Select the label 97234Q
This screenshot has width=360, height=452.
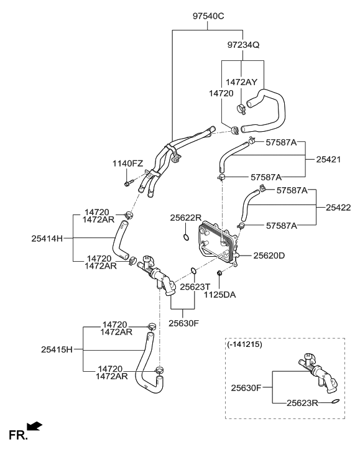point(244,45)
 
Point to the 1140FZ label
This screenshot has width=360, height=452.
point(127,164)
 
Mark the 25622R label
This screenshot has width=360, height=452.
point(187,218)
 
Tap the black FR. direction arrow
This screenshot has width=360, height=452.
point(35,426)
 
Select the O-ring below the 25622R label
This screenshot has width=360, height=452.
point(186,238)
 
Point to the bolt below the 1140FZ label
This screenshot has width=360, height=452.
point(127,183)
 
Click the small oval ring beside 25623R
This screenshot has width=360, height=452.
point(336,402)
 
